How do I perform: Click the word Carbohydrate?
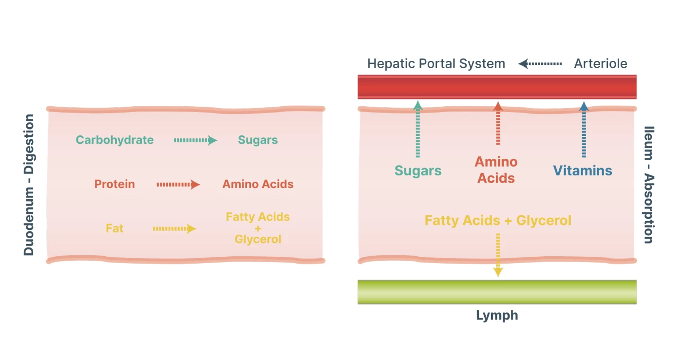tap(114, 140)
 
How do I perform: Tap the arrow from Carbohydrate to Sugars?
tap(195, 140)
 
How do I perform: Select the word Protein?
tap(114, 185)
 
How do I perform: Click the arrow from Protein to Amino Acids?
tap(178, 185)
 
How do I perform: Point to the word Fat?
tap(114, 228)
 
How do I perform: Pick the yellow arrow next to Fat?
tap(174, 228)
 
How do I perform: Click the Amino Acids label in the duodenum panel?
tap(258, 185)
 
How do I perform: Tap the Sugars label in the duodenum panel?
tap(258, 140)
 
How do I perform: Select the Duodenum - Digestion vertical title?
tap(29, 185)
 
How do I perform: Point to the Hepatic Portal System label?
tap(436, 64)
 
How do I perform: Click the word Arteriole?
tap(600, 64)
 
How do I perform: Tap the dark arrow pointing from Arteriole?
tap(540, 64)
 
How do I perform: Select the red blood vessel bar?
tap(497, 87)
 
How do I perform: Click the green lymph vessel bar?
tap(497, 292)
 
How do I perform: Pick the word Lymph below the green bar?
tap(497, 316)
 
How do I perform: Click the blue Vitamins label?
tap(582, 171)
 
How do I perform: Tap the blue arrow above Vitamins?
tap(584, 130)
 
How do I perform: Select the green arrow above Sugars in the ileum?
tap(417, 130)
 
